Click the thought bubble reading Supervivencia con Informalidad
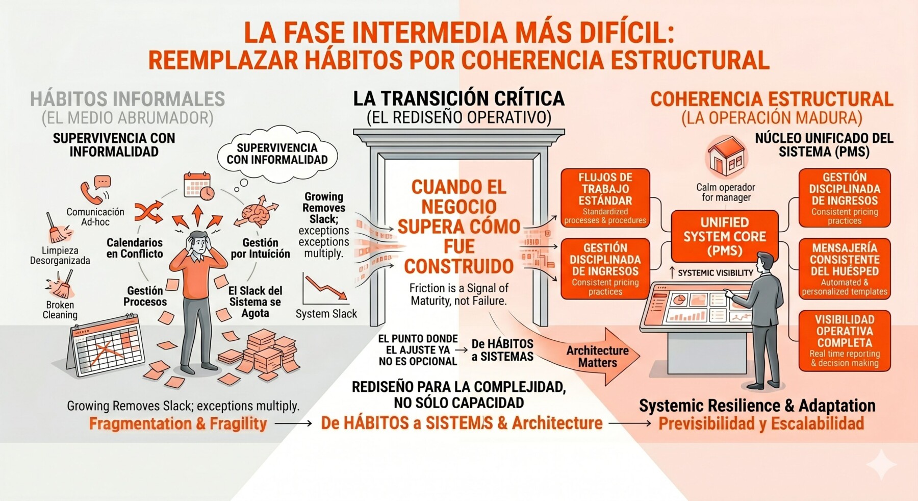coord(277,154)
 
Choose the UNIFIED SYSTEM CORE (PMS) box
coord(724,236)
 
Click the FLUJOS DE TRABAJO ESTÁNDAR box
coord(605,198)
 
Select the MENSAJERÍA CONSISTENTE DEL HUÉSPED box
coord(844,268)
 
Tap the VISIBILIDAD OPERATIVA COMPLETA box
coord(844,340)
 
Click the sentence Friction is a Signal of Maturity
coord(458,294)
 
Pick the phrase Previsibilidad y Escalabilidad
coord(761,423)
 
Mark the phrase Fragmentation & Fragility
coord(178,423)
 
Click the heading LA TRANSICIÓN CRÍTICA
coord(458,98)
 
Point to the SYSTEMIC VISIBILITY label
coord(715,273)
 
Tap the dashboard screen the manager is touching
coord(699,307)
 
